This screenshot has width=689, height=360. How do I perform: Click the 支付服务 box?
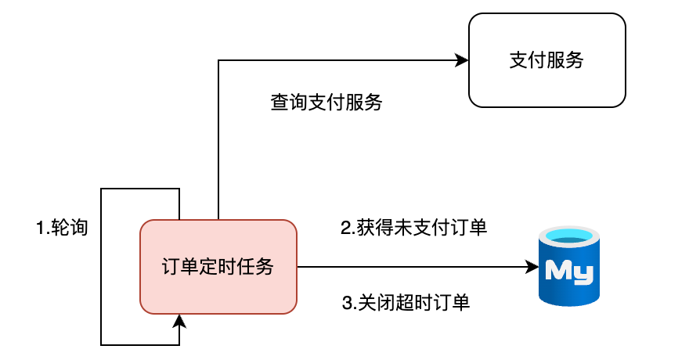click(x=547, y=60)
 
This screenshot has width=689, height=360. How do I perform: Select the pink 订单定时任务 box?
click(x=218, y=267)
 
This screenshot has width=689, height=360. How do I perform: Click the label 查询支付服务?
click(x=326, y=103)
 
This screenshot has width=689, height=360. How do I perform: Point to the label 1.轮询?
click(x=62, y=229)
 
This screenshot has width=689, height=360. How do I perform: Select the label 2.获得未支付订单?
click(x=413, y=229)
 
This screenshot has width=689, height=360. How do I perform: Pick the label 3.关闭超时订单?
click(x=406, y=303)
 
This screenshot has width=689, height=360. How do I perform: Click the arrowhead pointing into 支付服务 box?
click(x=462, y=60)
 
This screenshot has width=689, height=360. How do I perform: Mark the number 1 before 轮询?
click(x=41, y=229)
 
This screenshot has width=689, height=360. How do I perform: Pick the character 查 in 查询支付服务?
click(x=280, y=103)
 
